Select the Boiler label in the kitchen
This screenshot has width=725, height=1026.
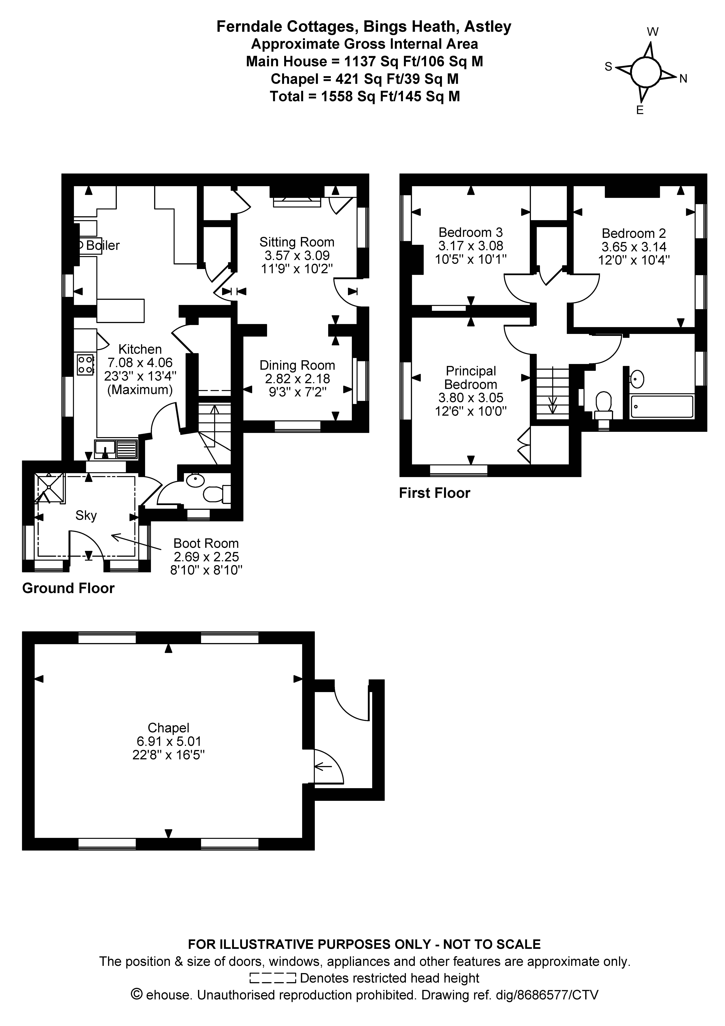pyautogui.click(x=103, y=245)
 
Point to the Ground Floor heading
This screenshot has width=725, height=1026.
pyautogui.click(x=68, y=588)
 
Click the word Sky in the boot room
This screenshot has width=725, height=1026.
pyautogui.click(x=86, y=516)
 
